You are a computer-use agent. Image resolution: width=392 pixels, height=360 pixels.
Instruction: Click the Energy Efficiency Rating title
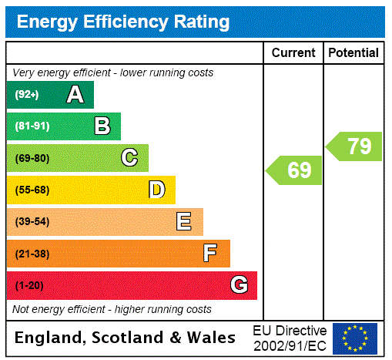tap(123, 22)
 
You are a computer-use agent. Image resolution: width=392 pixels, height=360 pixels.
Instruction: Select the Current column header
tap(293, 53)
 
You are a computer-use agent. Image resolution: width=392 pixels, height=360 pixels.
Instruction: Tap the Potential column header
tap(353, 53)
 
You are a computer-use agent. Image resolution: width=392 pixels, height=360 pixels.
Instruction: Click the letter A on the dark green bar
tap(75, 95)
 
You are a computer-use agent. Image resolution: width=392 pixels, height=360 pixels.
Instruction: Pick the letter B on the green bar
tap(102, 126)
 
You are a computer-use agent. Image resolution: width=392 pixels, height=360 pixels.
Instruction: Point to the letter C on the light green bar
tap(129, 158)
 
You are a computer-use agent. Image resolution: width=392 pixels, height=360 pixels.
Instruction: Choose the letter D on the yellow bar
tap(156, 190)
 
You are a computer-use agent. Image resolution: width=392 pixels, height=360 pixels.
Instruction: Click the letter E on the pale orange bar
tap(184, 222)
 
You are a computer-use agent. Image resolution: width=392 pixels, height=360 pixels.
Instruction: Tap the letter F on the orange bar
tap(210, 254)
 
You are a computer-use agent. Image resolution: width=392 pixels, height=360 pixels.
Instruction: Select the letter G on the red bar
tap(239, 285)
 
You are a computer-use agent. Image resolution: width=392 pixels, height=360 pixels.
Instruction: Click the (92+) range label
tap(27, 95)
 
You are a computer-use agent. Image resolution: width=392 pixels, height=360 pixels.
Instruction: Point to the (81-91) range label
tap(32, 126)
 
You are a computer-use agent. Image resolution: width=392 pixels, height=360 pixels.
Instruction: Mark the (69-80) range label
tap(32, 158)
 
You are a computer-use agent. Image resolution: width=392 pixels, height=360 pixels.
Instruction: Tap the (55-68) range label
tap(32, 190)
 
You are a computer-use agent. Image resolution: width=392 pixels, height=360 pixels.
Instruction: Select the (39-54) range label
tap(32, 222)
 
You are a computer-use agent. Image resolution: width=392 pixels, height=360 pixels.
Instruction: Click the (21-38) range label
tap(32, 254)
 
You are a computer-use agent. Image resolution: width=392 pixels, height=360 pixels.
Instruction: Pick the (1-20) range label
tap(29, 285)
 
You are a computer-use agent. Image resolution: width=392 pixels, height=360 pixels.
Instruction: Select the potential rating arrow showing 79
tap(355, 146)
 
